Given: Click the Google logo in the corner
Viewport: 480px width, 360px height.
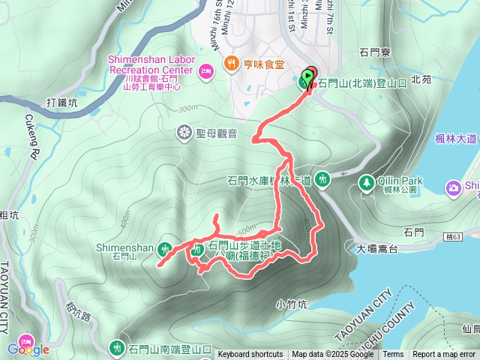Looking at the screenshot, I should click(28, 349).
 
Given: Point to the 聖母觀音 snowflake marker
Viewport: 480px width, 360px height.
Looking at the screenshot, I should click(184, 133).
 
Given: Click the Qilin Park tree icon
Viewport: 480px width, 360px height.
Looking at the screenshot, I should click(367, 181).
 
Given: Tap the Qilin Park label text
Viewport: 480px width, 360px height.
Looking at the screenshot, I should click(400, 181).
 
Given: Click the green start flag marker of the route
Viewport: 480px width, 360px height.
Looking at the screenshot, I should click(308, 76).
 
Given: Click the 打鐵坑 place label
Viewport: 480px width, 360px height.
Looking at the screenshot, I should click(61, 102).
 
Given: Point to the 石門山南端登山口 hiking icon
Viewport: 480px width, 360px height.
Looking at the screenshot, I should click(117, 348).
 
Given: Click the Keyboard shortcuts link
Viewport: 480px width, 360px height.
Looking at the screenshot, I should click(250, 355).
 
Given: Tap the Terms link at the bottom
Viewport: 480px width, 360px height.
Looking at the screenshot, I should click(393, 355).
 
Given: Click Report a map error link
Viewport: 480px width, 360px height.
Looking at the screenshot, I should click(445, 355).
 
